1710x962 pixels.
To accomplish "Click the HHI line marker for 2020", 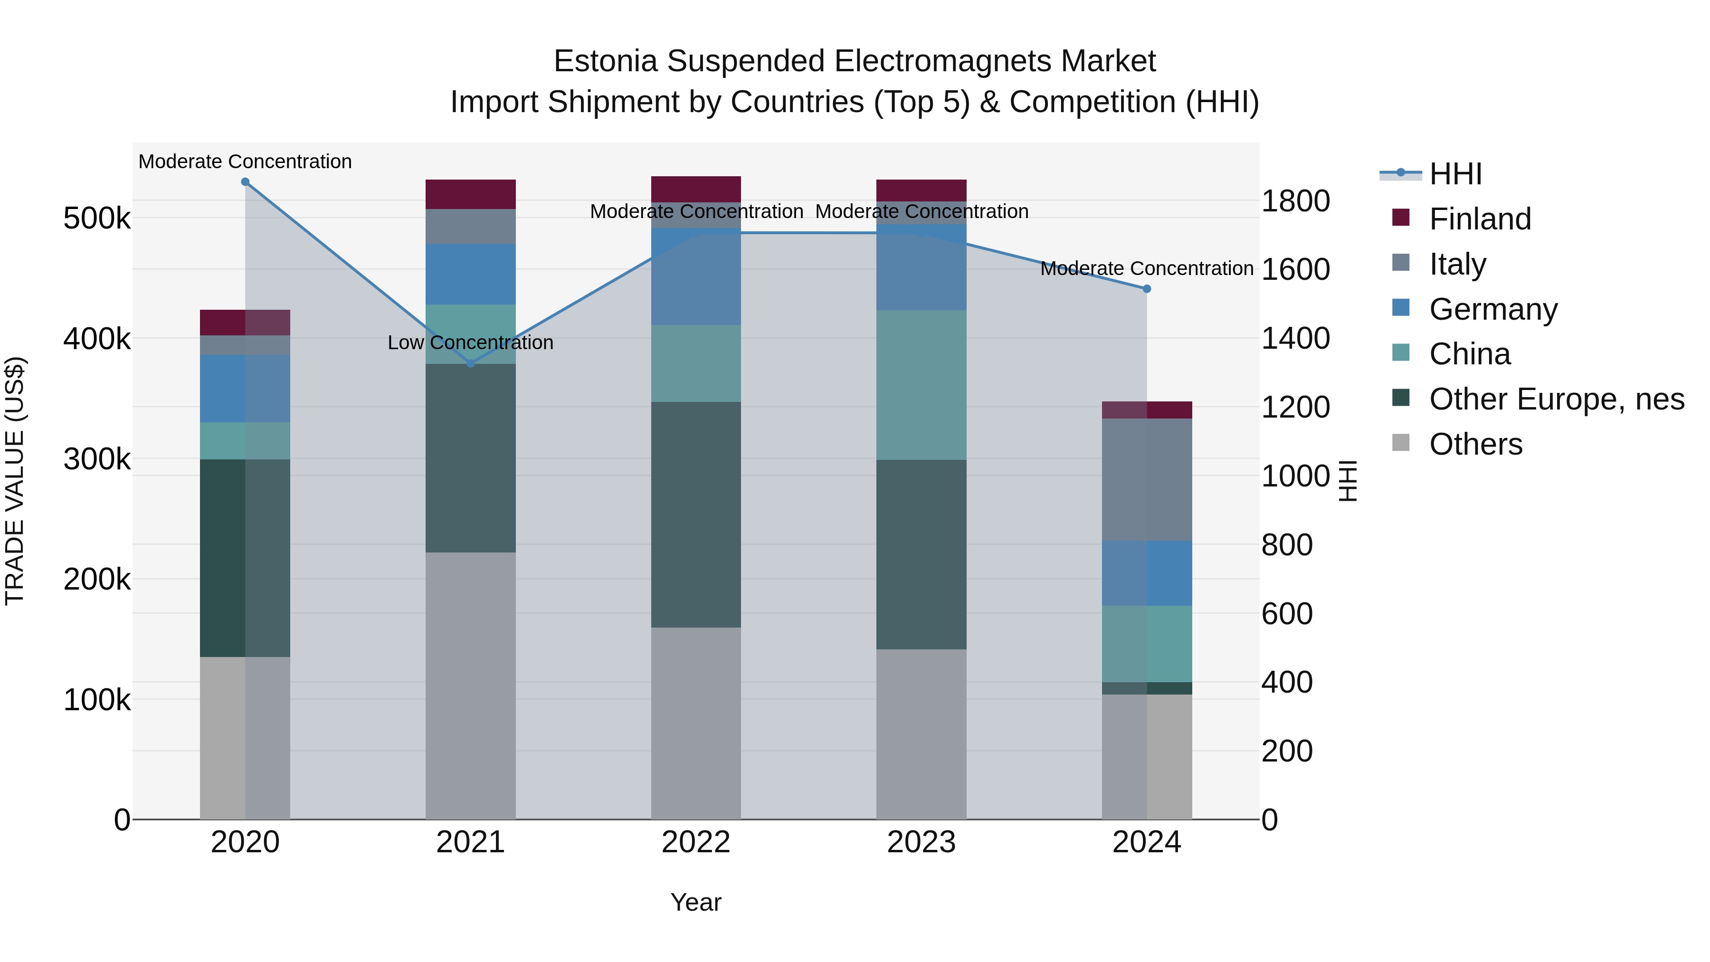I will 245,182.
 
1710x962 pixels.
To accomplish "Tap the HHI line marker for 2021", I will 471,364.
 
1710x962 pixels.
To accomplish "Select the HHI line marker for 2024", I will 1147,289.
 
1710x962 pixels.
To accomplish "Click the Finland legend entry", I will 1480,219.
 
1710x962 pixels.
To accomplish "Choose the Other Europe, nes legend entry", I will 1556,399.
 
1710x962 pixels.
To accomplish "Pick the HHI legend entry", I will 1455,174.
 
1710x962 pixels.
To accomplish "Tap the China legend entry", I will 1469,354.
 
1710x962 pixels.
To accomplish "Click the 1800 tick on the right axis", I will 1295,201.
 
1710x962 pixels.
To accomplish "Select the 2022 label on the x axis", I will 696,842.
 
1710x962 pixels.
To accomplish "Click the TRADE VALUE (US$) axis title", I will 15,481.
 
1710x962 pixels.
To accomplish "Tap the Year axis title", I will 696,902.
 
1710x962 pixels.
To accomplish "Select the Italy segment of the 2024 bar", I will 1147,479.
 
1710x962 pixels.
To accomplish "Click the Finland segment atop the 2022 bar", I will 696,189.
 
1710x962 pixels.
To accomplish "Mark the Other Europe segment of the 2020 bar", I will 245,558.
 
